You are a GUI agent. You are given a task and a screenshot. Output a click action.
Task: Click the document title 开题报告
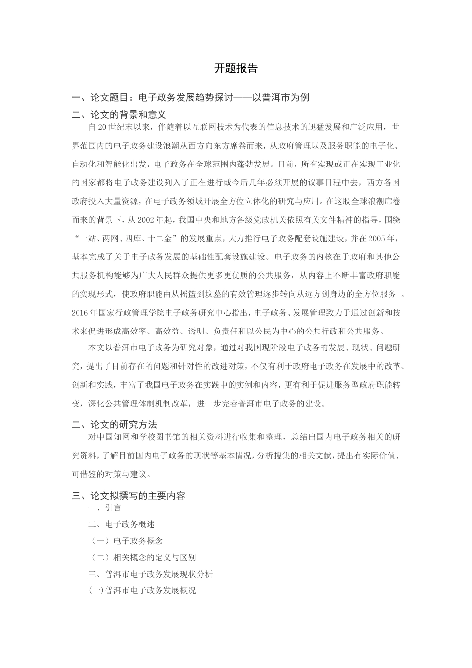point(236,69)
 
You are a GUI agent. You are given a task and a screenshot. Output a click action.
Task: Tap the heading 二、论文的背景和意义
point(119,115)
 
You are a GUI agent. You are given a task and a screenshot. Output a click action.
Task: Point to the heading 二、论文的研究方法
point(114,425)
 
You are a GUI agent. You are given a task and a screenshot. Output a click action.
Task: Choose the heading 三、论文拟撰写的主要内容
point(129,496)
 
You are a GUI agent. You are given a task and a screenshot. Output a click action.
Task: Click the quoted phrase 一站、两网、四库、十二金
point(124,238)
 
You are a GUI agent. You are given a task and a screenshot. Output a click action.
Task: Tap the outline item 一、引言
point(105,508)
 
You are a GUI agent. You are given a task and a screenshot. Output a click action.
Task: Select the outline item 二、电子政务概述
point(122,524)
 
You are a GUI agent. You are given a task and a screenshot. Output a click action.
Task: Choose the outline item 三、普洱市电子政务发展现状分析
point(151,574)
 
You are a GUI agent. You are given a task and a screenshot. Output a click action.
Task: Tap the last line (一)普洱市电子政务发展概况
point(143,591)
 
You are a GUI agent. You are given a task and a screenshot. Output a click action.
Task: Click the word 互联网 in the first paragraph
point(226,127)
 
